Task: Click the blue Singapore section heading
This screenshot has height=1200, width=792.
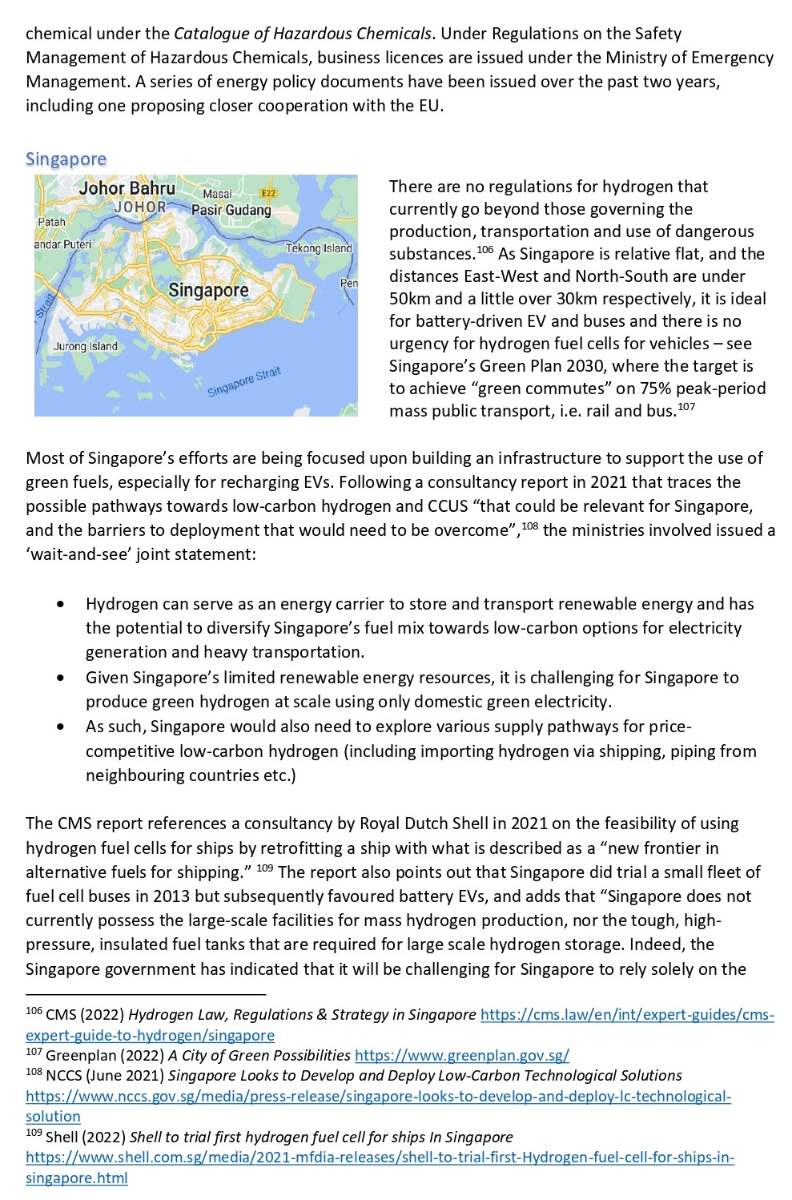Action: (x=66, y=159)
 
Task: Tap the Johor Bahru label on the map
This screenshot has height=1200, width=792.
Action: (x=127, y=188)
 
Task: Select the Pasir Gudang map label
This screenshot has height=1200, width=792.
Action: (x=231, y=210)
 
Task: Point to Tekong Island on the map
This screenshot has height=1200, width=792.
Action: (x=319, y=248)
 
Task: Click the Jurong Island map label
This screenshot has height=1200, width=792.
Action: (x=85, y=347)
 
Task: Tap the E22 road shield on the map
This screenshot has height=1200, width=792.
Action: (x=268, y=193)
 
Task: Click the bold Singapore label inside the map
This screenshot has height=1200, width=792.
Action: (x=208, y=290)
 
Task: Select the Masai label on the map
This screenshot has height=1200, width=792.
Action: (x=217, y=194)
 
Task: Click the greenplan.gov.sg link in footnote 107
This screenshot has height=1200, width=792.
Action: (x=461, y=1056)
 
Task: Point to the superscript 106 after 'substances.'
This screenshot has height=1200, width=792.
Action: (x=484, y=250)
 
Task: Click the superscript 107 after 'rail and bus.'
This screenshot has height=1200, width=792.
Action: (x=686, y=407)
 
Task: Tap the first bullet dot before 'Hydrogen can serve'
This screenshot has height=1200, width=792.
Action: (x=62, y=604)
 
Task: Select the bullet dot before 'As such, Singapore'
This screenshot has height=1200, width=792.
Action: (x=62, y=727)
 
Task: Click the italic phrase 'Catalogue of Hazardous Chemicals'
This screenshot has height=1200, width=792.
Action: (x=303, y=34)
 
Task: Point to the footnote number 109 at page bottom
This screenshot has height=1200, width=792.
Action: (x=34, y=1133)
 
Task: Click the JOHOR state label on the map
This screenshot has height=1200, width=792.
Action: (x=139, y=207)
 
